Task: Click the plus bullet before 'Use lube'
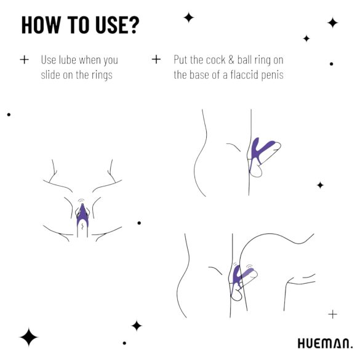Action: coord(24,60)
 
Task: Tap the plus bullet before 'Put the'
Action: coord(156,60)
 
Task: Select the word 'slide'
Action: coord(52,75)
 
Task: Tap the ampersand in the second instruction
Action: coord(244,60)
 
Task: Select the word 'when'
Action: coord(101,60)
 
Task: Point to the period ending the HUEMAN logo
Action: coord(351,347)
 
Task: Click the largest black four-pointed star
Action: coord(28,337)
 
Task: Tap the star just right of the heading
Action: coord(188,18)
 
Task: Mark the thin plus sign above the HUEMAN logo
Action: coord(332,314)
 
